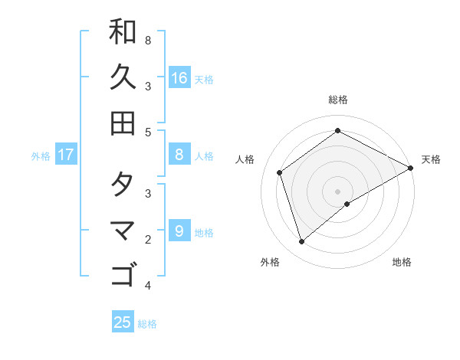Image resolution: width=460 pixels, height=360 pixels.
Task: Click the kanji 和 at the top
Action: (123, 32)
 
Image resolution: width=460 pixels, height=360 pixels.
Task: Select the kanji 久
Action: (123, 77)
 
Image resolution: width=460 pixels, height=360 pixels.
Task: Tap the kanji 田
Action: (123, 123)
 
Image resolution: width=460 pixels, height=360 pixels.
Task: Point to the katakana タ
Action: (123, 185)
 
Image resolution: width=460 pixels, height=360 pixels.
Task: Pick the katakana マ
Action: (123, 230)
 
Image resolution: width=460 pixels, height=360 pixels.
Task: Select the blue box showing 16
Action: (179, 77)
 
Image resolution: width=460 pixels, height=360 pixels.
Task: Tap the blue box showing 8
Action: (179, 155)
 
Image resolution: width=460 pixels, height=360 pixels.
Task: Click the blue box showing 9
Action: (179, 231)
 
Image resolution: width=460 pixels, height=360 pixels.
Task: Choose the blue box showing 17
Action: (66, 155)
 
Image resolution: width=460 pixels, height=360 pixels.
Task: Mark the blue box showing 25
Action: (123, 322)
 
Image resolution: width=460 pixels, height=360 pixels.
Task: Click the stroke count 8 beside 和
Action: (148, 40)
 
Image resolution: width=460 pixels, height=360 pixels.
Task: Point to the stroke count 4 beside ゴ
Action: (148, 286)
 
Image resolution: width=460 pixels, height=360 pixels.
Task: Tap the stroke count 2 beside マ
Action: (148, 240)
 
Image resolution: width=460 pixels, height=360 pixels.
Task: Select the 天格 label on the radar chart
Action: (431, 159)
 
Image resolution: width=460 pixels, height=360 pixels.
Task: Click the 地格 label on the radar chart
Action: (402, 262)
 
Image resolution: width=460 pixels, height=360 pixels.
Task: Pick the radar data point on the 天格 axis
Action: (411, 169)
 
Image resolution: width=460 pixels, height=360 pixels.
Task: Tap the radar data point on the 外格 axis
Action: (302, 242)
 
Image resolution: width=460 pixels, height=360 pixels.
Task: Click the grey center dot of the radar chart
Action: (338, 191)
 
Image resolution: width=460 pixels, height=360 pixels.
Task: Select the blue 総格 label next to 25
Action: (147, 323)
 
